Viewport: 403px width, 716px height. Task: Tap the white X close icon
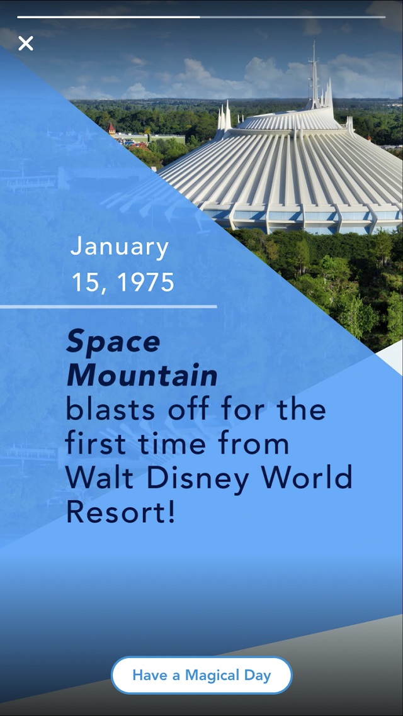[26, 43]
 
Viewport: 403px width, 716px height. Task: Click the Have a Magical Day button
[201, 675]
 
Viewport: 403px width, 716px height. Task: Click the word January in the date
[120, 247]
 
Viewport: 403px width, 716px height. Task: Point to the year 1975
[145, 282]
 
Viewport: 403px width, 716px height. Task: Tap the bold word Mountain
[142, 376]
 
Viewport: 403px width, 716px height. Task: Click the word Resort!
[121, 512]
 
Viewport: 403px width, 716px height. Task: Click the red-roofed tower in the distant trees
[111, 129]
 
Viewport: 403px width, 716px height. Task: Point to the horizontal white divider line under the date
[108, 306]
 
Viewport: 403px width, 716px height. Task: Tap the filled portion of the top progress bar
[109, 18]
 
